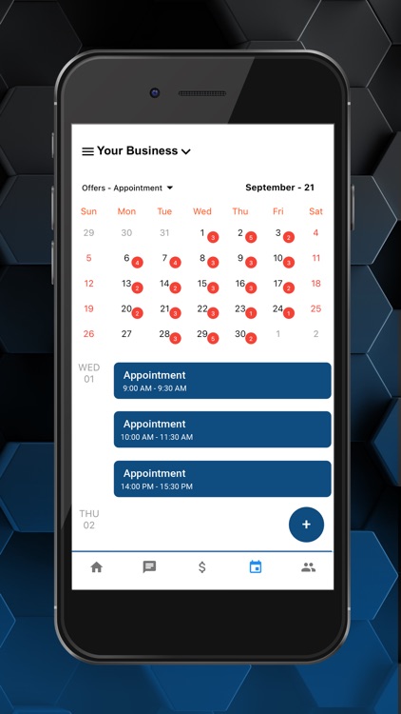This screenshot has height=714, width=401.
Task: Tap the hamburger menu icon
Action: click(87, 151)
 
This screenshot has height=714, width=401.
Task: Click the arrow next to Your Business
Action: click(186, 151)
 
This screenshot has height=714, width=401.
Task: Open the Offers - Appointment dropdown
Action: click(127, 188)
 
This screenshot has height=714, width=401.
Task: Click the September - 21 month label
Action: click(279, 188)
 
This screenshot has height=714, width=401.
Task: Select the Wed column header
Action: click(202, 211)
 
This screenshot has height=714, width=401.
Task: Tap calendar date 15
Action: click(202, 284)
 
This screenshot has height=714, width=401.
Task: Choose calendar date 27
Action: click(126, 334)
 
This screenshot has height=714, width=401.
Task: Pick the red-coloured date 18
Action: click(316, 284)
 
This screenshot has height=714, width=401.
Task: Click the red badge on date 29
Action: click(213, 338)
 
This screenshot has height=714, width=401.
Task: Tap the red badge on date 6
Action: click(137, 263)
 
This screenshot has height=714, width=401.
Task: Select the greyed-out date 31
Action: click(164, 233)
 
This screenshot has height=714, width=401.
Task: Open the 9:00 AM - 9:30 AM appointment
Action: click(222, 381)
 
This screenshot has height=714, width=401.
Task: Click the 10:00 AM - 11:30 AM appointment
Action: click(222, 429)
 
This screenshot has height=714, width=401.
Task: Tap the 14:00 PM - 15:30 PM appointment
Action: click(222, 479)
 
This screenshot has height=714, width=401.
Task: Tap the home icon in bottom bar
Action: click(96, 567)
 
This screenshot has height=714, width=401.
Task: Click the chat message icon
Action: click(149, 567)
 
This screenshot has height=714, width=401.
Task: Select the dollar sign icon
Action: click(202, 567)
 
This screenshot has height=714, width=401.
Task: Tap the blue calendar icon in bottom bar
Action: click(256, 567)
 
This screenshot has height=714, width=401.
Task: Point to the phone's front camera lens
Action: click(155, 93)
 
